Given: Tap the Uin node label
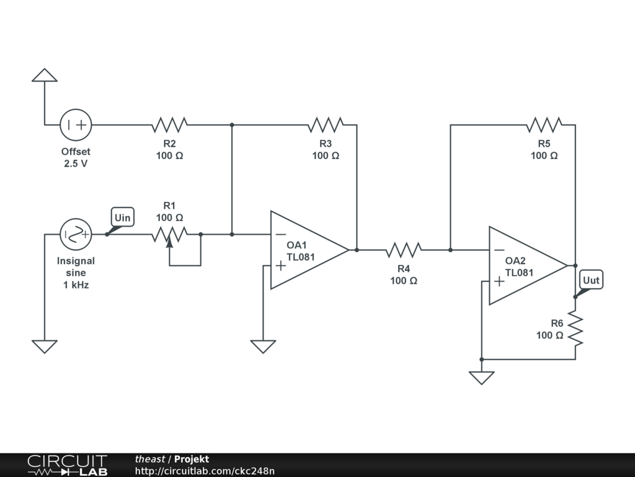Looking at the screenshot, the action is point(122,217).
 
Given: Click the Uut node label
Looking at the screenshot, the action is point(591,280).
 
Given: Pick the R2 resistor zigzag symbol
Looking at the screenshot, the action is point(170,125).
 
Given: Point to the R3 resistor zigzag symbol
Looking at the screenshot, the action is point(326,125).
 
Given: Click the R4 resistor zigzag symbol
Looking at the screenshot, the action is point(404,250).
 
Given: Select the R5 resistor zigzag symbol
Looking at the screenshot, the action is point(544,125).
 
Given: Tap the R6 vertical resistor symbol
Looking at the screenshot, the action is point(575,328).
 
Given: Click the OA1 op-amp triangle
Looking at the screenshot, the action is point(310,250).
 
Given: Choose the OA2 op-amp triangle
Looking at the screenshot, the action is point(528,266).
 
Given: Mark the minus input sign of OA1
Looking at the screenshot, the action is point(281,234).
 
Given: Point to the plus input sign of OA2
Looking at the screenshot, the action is point(499,281).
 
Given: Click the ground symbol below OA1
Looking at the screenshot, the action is point(263,347).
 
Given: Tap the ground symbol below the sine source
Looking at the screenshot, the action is point(45,347).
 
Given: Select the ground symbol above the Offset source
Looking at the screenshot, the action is point(45,75).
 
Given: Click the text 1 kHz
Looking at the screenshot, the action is point(76,284).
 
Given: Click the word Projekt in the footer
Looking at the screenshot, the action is point(192,459).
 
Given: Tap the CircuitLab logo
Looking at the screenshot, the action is point(67,465).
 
